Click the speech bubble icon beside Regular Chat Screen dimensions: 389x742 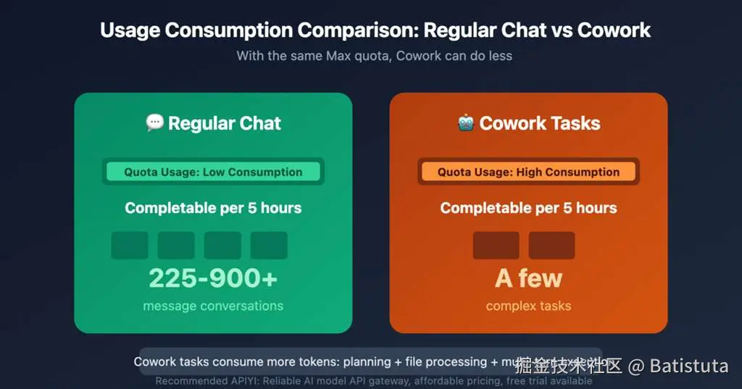tap(154, 123)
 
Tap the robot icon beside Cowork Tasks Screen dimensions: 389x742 tap(466, 123)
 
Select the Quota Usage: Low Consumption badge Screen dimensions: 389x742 tap(213, 172)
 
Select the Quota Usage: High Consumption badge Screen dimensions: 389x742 tap(528, 172)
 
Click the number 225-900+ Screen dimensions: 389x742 tap(213, 278)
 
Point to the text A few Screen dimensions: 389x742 tap(528, 278)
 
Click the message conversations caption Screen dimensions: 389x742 tap(213, 306)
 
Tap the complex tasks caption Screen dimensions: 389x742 tap(528, 306)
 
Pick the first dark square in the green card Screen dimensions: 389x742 tap(130, 246)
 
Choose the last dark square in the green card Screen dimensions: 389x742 tap(269, 246)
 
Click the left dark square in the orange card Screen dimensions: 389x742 tap(496, 246)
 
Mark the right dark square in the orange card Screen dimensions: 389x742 tap(551, 246)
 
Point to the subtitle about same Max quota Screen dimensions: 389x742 tap(374, 56)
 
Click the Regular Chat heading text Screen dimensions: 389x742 tap(225, 123)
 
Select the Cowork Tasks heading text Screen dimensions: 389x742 tap(540, 123)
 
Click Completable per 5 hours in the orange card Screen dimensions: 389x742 tap(528, 208)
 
